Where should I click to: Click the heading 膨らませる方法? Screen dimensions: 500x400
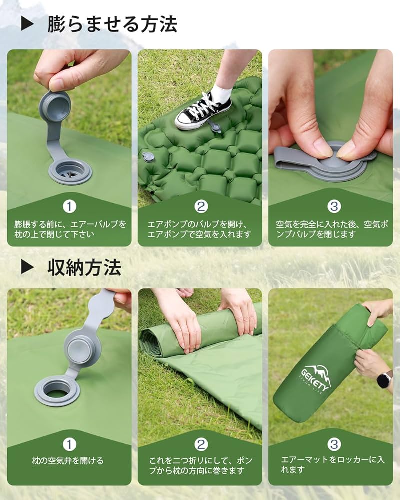pos(112,24)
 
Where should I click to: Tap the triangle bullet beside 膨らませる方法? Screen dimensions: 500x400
pos(27,24)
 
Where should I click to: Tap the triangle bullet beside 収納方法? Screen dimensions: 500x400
pos(27,267)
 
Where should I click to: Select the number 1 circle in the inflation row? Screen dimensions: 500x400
pos(69,206)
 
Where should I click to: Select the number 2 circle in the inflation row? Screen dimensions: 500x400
pos(200,206)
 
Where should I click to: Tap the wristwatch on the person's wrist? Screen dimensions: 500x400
pos(384,379)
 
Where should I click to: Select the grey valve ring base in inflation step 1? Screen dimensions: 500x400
pos(70,171)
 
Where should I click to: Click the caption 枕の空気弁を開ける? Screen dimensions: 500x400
pos(69,461)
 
